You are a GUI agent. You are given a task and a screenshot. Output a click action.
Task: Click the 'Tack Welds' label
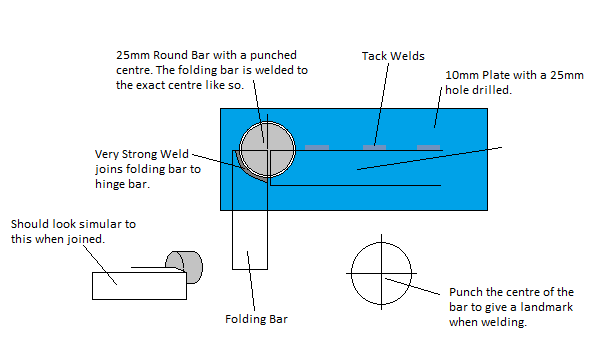point(393,56)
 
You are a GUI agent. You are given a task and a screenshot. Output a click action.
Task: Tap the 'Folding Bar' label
point(256,319)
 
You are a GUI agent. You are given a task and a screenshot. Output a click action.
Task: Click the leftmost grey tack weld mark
point(317,147)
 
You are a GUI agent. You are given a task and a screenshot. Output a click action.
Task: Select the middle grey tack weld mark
point(374,147)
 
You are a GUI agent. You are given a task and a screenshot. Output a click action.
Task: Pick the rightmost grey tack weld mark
point(428,147)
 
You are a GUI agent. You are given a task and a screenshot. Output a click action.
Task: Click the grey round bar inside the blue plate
point(267,150)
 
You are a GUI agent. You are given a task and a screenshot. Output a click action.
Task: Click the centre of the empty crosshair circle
point(381,273)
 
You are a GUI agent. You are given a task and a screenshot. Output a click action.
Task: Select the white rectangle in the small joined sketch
point(139,286)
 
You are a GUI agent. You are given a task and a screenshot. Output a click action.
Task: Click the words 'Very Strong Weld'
point(142,154)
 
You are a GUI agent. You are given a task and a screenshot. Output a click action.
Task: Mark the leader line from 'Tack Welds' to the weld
point(382,104)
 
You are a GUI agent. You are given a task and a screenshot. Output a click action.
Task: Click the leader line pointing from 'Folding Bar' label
point(251,281)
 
